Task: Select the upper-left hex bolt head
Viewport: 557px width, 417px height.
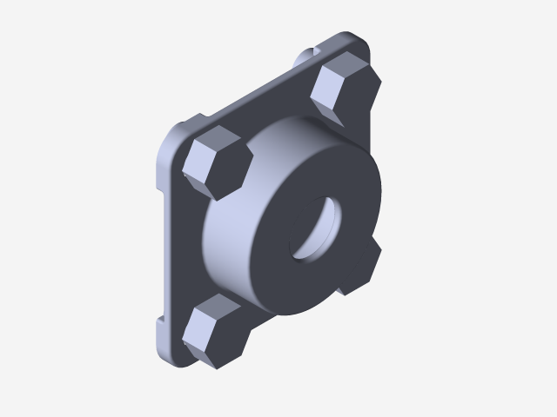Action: click(218, 162)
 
